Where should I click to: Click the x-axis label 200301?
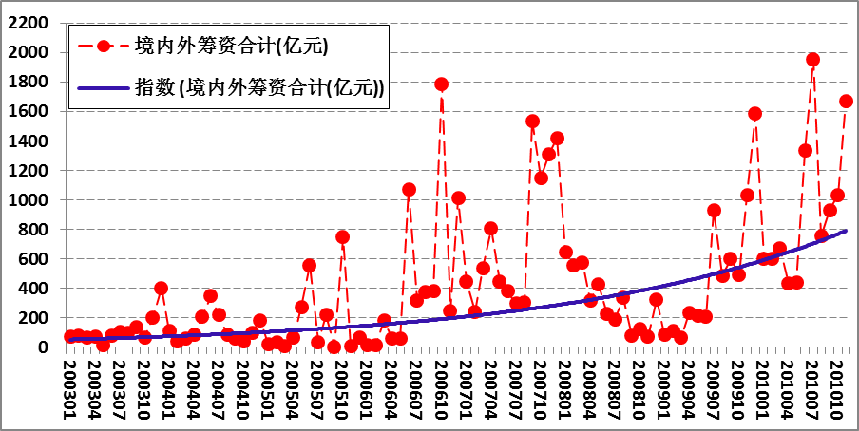click(70, 387)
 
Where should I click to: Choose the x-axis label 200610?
click(441, 387)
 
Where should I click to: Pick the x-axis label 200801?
click(565, 387)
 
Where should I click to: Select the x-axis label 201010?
click(837, 387)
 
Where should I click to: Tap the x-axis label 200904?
click(689, 387)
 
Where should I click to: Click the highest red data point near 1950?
click(812, 59)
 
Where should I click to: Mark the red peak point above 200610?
click(441, 84)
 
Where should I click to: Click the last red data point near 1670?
click(846, 101)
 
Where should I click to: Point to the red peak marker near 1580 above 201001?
click(754, 114)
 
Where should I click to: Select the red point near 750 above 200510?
click(342, 236)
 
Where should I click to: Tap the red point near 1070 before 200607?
click(409, 189)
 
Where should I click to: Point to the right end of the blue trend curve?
click(846, 231)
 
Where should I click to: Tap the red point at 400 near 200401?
click(161, 288)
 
